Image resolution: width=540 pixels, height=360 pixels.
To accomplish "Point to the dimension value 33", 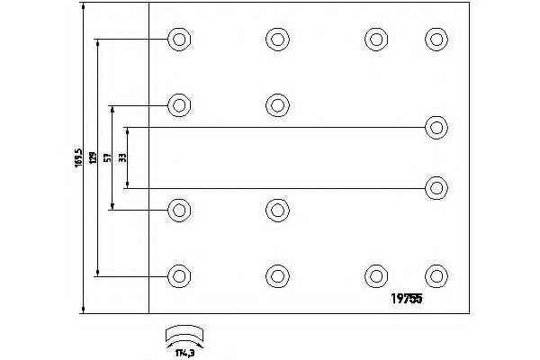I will pos(123,157).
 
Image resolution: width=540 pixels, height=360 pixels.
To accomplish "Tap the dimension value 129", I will pos(91,157).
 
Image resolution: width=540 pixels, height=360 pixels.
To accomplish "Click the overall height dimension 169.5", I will pos(78,158).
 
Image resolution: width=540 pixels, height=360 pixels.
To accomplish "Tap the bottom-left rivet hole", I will pos(180,274).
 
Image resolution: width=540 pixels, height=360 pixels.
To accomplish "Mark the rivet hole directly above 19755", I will pos(436,274).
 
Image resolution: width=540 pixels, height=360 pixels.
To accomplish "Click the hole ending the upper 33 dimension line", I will pos(436,127).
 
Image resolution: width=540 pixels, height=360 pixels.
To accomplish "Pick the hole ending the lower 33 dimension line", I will pos(436,188).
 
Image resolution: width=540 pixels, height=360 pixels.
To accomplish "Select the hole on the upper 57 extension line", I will pos(180,104).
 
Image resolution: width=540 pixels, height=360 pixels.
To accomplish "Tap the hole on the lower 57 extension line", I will pos(180,211).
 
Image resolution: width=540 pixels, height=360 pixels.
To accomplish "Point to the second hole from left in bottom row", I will pos(277,274).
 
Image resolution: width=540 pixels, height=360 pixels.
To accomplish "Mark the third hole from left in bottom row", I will pos(376,274).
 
